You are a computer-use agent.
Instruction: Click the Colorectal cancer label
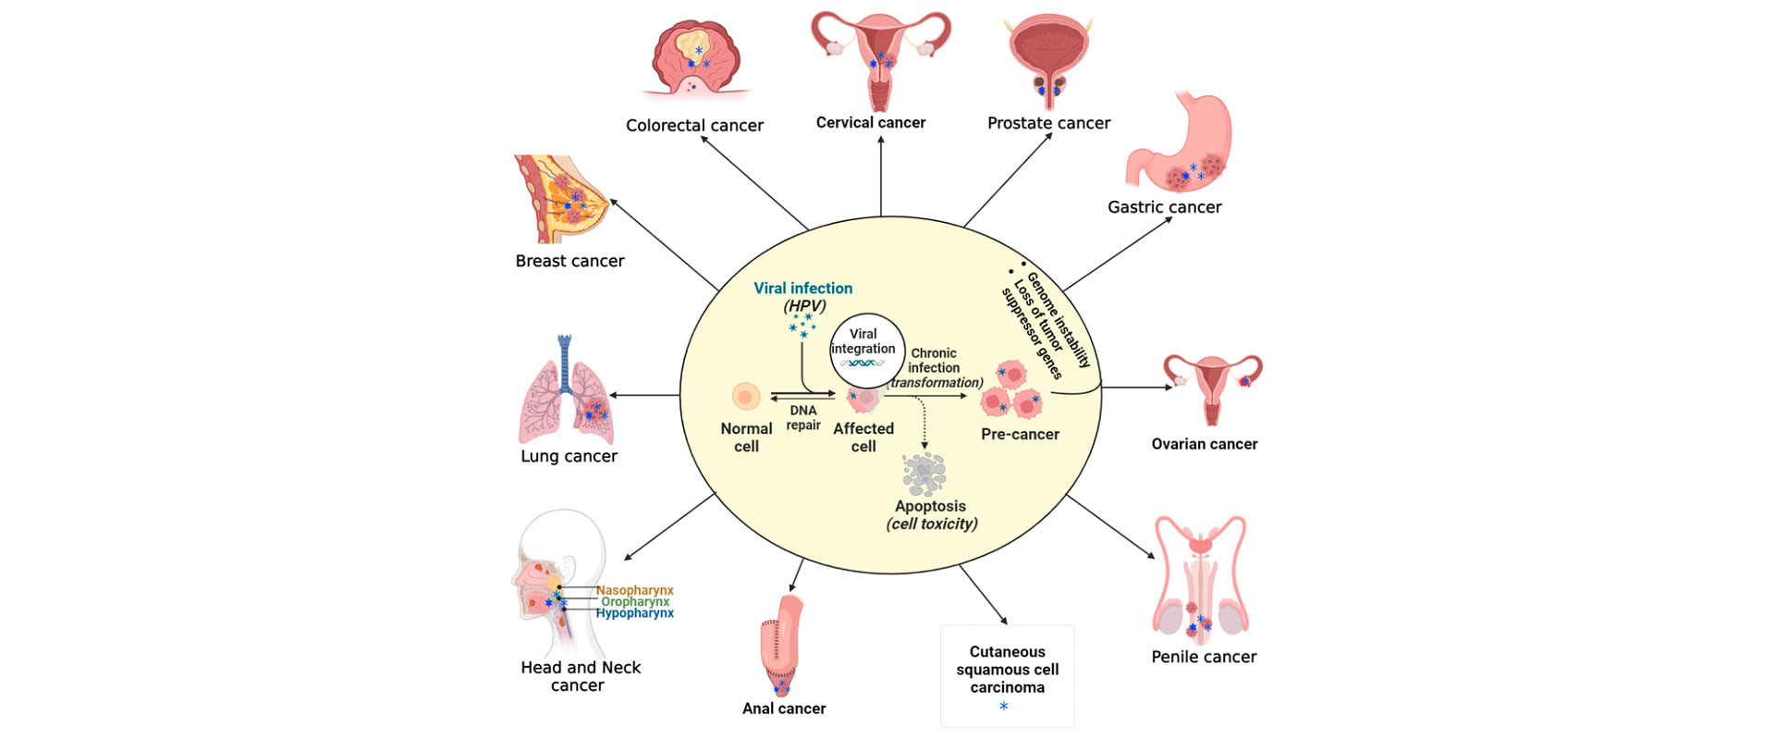tap(694, 125)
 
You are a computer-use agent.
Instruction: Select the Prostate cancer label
tap(1048, 123)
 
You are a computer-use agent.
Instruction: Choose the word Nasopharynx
tap(634, 590)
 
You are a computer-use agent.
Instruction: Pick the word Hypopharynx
tap(634, 613)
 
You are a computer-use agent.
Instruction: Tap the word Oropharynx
tap(634, 602)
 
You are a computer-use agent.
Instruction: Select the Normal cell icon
tap(746, 397)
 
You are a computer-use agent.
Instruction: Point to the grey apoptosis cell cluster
tap(924, 473)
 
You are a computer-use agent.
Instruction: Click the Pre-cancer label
tap(1020, 434)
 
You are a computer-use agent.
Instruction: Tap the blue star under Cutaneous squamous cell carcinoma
tap(1004, 707)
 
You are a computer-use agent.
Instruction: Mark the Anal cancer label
tap(784, 709)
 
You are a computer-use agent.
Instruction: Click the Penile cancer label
tap(1204, 657)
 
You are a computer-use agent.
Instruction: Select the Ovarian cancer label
tap(1204, 444)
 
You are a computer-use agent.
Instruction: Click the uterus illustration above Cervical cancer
tap(880, 55)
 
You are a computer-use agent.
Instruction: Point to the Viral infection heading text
tap(802, 289)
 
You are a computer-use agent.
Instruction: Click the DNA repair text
tap(803, 417)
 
